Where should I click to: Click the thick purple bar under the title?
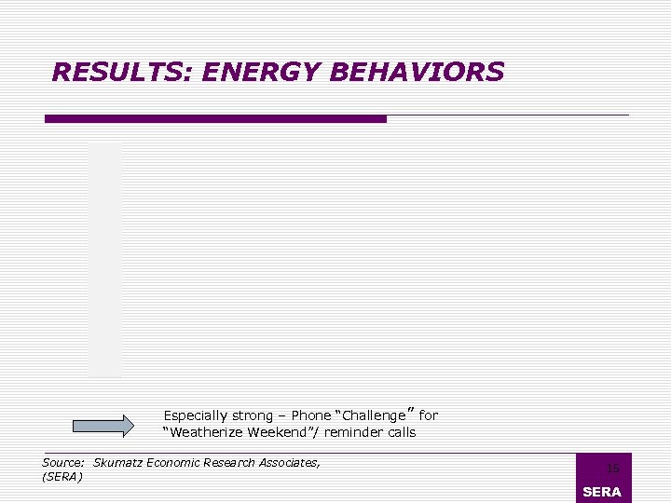click(215, 119)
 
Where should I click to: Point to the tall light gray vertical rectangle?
click(104, 259)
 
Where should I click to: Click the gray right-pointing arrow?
click(103, 426)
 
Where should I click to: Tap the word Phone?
click(311, 415)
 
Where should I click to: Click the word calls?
click(400, 432)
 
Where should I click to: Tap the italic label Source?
click(63, 462)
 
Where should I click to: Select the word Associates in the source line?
click(287, 462)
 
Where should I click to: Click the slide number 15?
click(612, 469)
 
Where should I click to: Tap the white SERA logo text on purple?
click(601, 492)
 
